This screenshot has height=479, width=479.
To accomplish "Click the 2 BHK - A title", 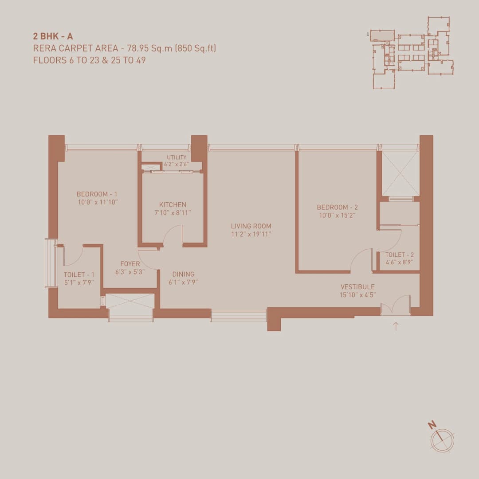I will [53, 36].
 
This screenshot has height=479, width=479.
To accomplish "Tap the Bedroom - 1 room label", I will [97, 194].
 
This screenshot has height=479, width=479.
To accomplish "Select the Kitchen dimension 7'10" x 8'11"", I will [173, 212].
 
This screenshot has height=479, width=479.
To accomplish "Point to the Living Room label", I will [251, 226].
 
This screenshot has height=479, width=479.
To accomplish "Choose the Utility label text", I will [177, 157].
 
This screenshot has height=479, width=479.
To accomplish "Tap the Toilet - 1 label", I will [79, 275].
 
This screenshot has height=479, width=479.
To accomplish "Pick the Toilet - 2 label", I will [399, 255].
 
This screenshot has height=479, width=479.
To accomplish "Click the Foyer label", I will [130, 264].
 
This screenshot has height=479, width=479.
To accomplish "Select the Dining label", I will [183, 274].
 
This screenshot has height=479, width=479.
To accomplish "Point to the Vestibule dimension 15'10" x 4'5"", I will [357, 294].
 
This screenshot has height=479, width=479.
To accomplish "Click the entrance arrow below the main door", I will [396, 327].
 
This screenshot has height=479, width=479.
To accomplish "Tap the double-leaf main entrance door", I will [395, 306].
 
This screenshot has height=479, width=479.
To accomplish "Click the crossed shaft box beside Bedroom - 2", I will [400, 173].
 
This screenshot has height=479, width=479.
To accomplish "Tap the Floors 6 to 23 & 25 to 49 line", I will [89, 60].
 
